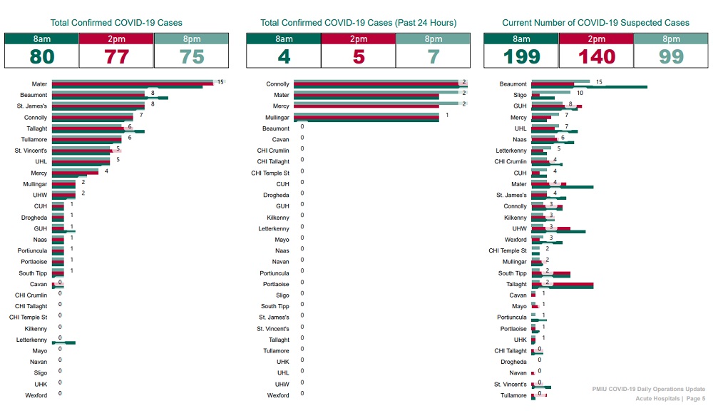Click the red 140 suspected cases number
(595, 56)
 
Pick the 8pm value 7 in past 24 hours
(433, 56)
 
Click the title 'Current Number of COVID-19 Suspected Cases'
(595, 23)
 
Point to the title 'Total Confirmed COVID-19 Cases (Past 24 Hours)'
(358, 23)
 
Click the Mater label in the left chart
(39, 84)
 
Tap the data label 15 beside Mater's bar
(220, 82)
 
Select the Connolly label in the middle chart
(278, 84)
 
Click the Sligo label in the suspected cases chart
(518, 95)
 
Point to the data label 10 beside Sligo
(580, 93)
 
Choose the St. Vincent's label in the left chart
(31, 151)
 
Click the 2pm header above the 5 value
(358, 39)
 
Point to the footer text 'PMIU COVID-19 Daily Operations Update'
(648, 389)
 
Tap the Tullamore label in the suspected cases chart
(513, 395)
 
